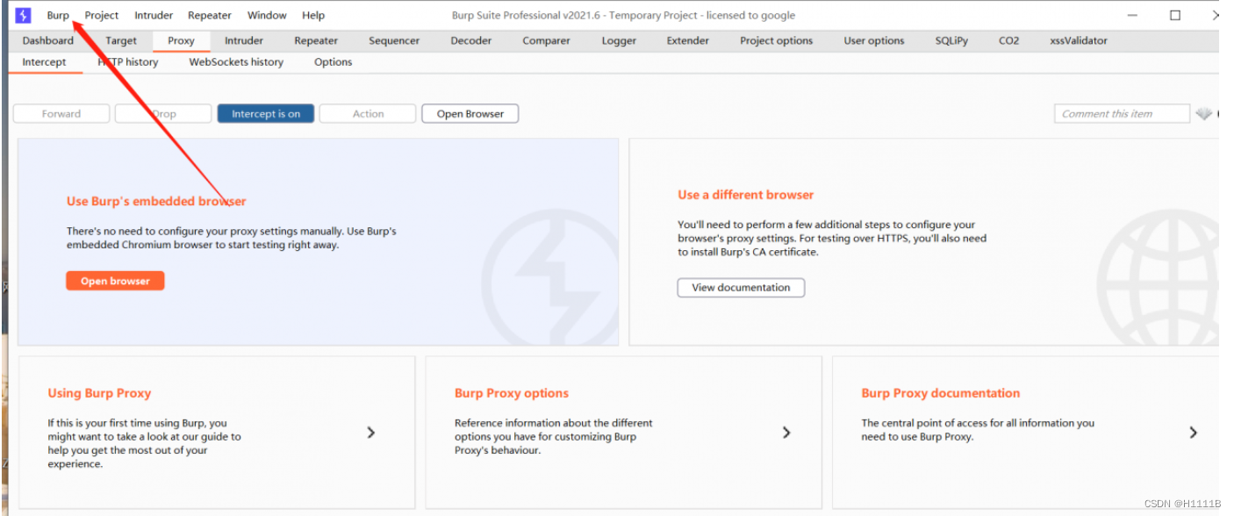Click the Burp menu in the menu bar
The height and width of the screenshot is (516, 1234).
58,16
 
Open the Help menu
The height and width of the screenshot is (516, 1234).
313,16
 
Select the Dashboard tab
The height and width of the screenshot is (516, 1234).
48,40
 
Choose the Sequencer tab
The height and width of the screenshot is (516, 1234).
394,40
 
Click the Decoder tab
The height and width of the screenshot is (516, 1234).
471,40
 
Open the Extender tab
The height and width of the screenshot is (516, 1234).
687,40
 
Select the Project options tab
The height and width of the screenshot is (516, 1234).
776,40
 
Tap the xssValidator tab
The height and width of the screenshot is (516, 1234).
1078,40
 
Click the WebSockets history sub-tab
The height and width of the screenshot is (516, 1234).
236,62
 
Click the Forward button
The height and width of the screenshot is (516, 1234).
61,114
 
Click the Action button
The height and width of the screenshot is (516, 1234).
368,114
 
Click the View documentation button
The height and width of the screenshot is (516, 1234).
741,288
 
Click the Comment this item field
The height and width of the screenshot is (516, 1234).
1122,114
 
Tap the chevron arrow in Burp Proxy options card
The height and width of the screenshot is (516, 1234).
786,433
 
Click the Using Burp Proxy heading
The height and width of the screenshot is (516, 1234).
99,393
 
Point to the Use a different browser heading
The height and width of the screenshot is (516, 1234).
745,195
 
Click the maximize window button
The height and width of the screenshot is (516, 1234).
1175,16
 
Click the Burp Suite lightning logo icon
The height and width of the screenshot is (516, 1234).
23,16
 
